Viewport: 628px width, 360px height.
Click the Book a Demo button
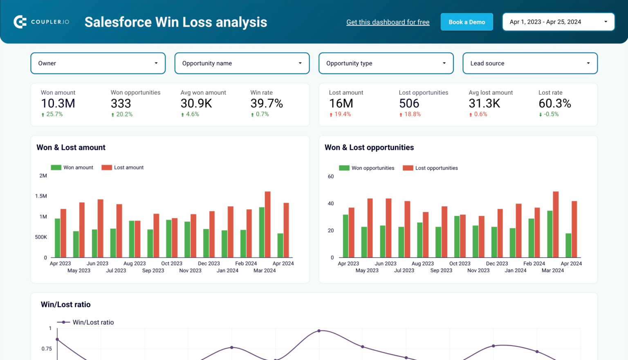pos(467,22)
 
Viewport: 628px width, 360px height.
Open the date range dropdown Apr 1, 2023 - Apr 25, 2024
pos(558,22)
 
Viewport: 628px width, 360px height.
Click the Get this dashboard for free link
pos(388,22)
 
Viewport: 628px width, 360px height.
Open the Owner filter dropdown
pos(98,63)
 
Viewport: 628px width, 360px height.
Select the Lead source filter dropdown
pos(530,63)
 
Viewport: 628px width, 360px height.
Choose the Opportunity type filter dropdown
pos(386,63)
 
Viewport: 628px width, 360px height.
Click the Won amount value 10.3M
pos(58,104)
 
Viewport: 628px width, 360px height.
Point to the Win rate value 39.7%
pos(267,104)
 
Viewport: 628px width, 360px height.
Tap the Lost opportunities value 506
pos(409,104)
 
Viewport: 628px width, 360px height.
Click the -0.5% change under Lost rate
pos(551,114)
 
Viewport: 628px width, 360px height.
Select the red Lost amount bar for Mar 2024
pos(268,224)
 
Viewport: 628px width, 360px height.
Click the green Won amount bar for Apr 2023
pos(58,238)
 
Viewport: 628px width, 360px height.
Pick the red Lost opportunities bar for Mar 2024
pos(556,224)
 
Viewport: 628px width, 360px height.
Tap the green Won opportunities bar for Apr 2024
pos(568,245)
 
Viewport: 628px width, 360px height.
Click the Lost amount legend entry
pos(123,168)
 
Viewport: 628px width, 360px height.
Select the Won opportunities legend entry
pos(367,168)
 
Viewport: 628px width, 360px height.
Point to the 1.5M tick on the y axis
pos(41,196)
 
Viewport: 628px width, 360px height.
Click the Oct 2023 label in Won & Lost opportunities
pos(460,264)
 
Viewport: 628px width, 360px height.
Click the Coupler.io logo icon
pos(20,22)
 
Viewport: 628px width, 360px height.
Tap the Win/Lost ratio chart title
pos(66,304)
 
